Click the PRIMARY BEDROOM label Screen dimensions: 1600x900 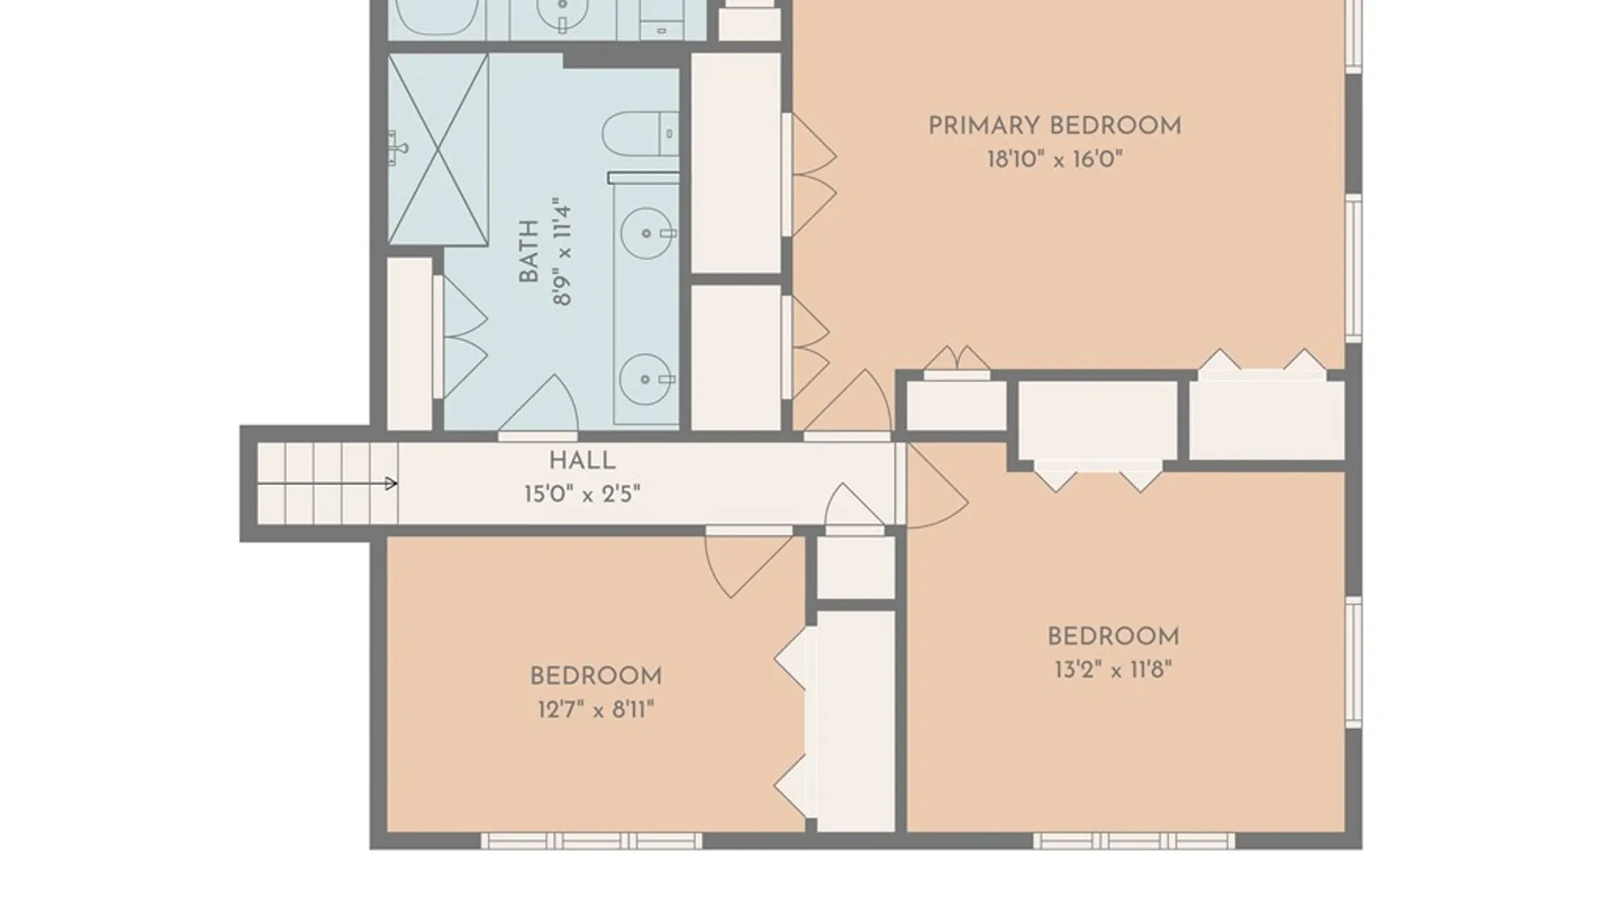point(1054,126)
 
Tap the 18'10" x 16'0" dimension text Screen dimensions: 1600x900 point(1055,159)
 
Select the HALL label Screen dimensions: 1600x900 point(582,461)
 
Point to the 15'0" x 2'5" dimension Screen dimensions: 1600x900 point(582,494)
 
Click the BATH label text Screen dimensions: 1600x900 point(529,251)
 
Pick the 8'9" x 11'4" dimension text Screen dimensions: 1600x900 point(562,251)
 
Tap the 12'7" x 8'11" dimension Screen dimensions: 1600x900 point(596,710)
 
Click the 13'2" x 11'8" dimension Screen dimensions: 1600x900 point(1113,670)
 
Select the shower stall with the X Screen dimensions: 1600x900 point(438,150)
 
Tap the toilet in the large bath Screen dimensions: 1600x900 point(640,134)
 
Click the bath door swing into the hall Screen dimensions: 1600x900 point(538,405)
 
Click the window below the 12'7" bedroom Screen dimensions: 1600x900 point(592,841)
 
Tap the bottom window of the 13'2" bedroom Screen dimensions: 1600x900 point(1134,841)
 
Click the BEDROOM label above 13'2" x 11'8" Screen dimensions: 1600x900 point(1113,637)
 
